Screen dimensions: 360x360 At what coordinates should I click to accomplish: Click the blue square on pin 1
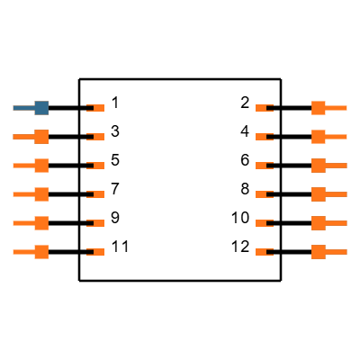[x=41, y=108]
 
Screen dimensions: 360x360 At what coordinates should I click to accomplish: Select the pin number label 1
[x=115, y=103]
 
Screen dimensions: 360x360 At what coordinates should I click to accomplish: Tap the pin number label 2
[x=245, y=103]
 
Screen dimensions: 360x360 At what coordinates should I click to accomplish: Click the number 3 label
[x=115, y=131]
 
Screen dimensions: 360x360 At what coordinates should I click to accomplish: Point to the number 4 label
[x=245, y=131]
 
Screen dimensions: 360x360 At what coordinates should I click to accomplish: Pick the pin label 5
[x=115, y=160]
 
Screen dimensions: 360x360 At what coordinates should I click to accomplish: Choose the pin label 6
[x=245, y=160]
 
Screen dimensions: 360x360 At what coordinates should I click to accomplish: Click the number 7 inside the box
[x=115, y=189]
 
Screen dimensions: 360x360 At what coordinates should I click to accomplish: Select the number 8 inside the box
[x=245, y=189]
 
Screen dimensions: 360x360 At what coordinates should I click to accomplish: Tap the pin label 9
[x=115, y=218]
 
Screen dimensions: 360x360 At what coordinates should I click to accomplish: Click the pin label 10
[x=240, y=218]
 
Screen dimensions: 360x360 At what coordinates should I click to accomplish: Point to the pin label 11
[x=120, y=247]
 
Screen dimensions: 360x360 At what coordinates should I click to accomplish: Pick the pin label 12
[x=240, y=247]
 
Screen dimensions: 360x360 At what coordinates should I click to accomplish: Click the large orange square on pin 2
[x=319, y=108]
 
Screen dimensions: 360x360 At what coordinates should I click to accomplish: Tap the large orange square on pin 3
[x=41, y=137]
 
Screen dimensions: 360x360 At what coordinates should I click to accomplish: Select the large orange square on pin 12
[x=319, y=252]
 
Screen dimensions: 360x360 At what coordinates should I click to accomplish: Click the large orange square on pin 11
[x=41, y=252]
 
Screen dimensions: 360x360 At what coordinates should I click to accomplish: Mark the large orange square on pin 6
[x=319, y=166]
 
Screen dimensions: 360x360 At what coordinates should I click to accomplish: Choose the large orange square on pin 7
[x=41, y=194]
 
